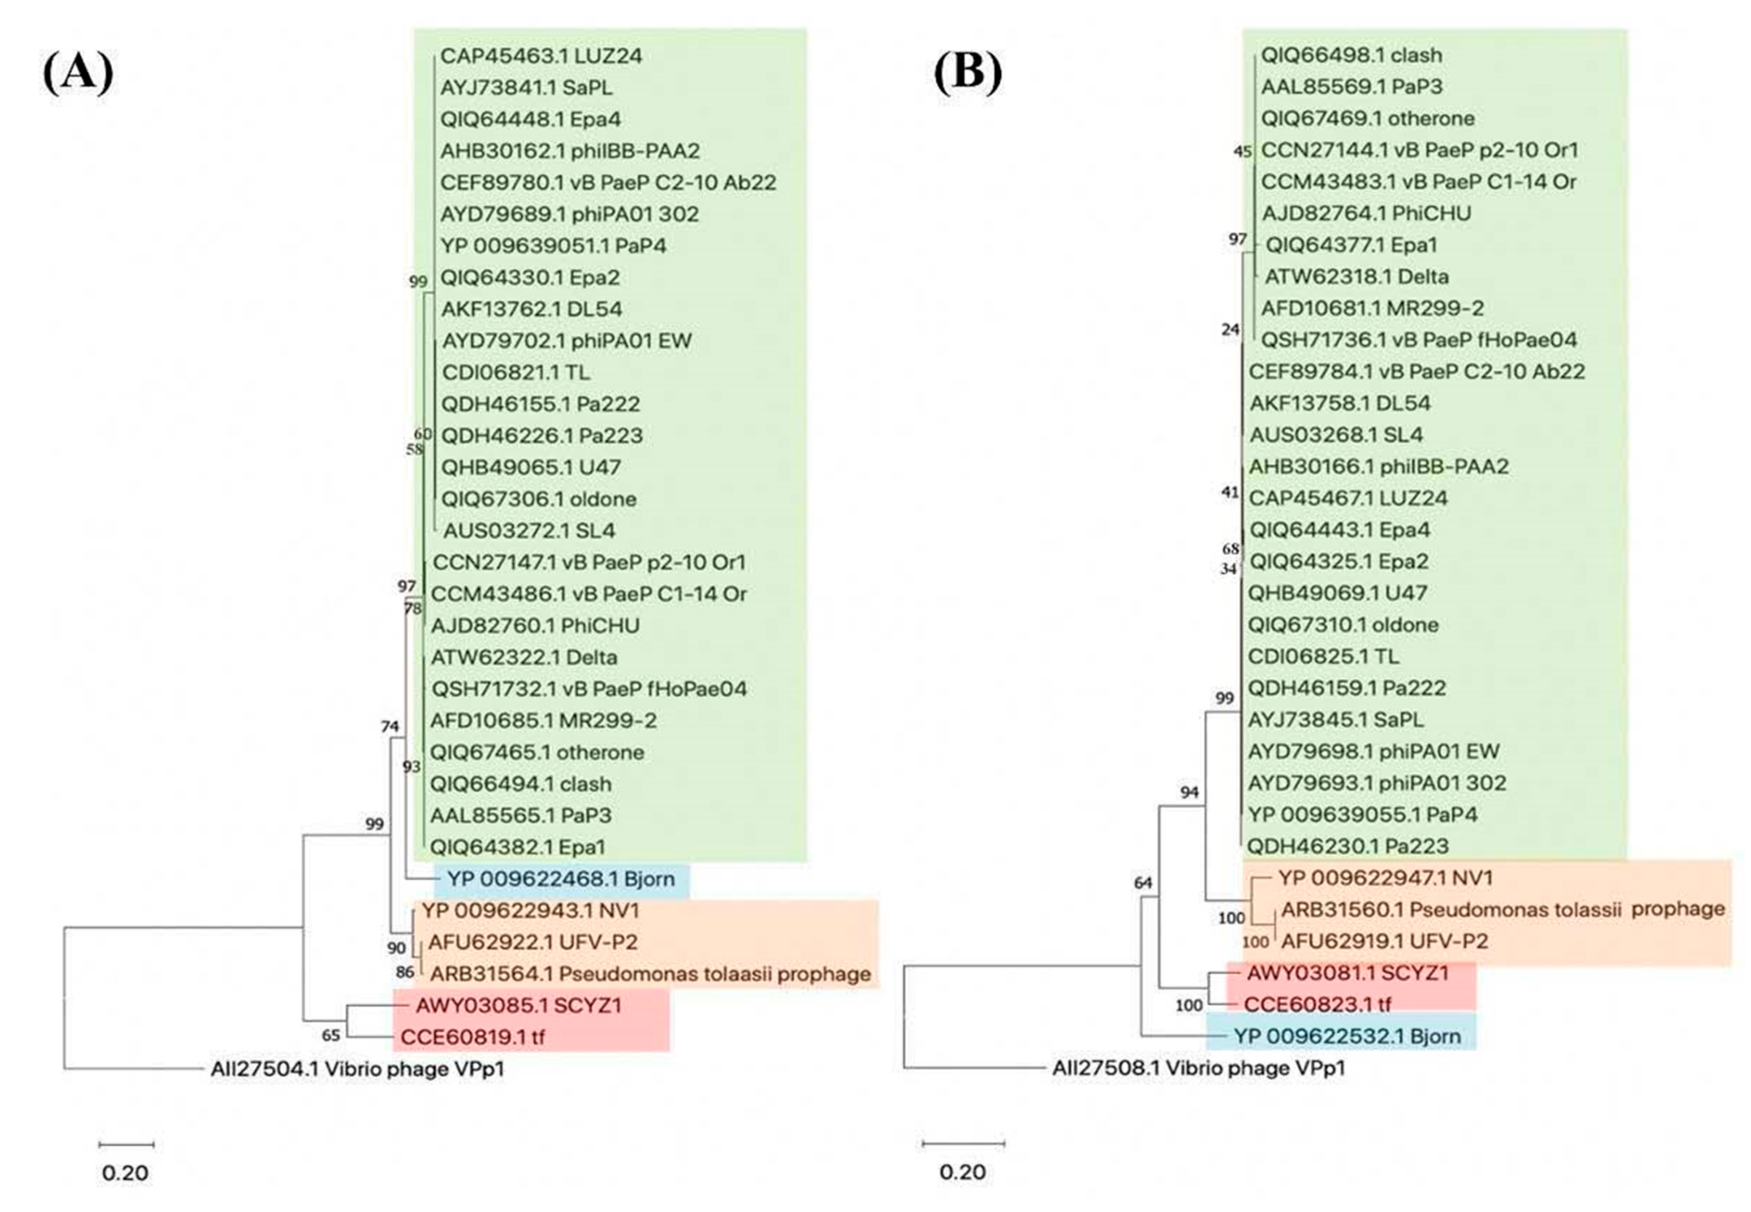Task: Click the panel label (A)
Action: point(78,73)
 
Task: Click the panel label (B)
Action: point(968,73)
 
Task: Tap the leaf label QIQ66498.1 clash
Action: point(1351,55)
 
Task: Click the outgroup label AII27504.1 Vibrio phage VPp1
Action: point(357,1069)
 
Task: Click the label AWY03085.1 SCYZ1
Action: point(518,1005)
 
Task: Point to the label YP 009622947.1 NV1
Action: point(1385,878)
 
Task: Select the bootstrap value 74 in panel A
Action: point(389,726)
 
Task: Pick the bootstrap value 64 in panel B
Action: point(1143,882)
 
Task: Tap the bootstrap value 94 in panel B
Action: point(1189,792)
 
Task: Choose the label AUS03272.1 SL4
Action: point(529,530)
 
